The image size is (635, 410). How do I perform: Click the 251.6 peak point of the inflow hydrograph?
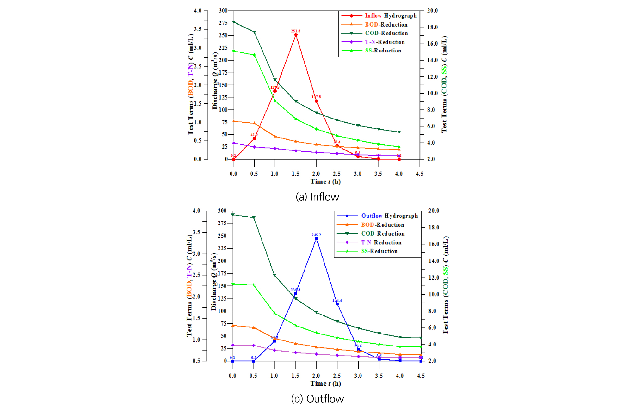click(296, 35)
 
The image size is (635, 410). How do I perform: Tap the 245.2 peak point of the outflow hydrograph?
click(316, 239)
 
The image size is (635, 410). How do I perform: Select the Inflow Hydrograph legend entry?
click(391, 16)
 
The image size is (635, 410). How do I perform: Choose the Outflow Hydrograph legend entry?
click(389, 216)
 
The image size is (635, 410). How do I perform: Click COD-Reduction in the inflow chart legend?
click(386, 33)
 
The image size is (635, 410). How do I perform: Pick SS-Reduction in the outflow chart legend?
click(379, 251)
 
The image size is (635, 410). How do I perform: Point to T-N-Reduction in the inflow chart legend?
click(385, 42)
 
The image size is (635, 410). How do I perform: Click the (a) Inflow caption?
click(317, 197)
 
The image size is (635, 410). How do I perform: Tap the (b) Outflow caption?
click(317, 399)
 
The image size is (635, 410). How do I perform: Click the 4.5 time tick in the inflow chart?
click(419, 174)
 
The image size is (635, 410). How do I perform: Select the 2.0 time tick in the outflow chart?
click(316, 376)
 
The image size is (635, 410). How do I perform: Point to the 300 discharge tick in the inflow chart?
click(223, 11)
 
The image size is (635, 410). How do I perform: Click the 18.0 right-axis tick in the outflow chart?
click(434, 228)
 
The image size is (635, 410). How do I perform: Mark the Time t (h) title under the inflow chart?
click(325, 181)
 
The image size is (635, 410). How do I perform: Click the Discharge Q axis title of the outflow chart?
click(214, 281)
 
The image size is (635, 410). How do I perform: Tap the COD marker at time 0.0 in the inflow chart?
click(234, 22)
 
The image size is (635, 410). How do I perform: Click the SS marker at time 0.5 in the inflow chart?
click(254, 55)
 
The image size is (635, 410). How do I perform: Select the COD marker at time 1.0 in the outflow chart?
click(274, 275)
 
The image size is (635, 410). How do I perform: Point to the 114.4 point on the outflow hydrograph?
click(337, 304)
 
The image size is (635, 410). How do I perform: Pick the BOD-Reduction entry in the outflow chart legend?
click(382, 225)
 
